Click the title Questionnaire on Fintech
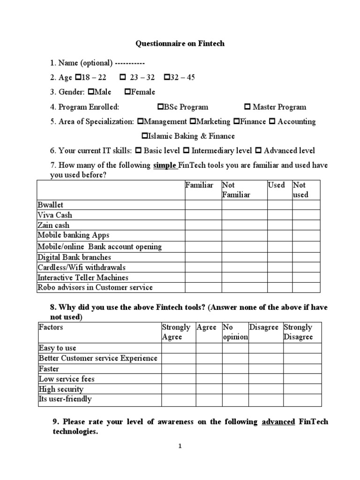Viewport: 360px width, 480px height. [x=180, y=44]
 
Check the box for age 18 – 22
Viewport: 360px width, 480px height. [x=78, y=77]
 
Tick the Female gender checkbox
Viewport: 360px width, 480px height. [x=128, y=92]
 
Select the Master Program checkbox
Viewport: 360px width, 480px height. [x=248, y=107]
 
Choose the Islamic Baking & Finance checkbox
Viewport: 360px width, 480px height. [x=145, y=136]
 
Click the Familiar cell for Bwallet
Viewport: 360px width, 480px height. [x=203, y=205]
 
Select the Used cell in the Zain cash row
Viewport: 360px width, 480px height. [x=279, y=225]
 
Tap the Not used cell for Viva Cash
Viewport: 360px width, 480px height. [x=306, y=215]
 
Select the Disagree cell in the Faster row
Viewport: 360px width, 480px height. [x=265, y=369]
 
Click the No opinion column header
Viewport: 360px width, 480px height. [x=235, y=332]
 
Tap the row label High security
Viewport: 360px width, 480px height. [x=61, y=389]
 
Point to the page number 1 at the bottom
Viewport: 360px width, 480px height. [x=180, y=447]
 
